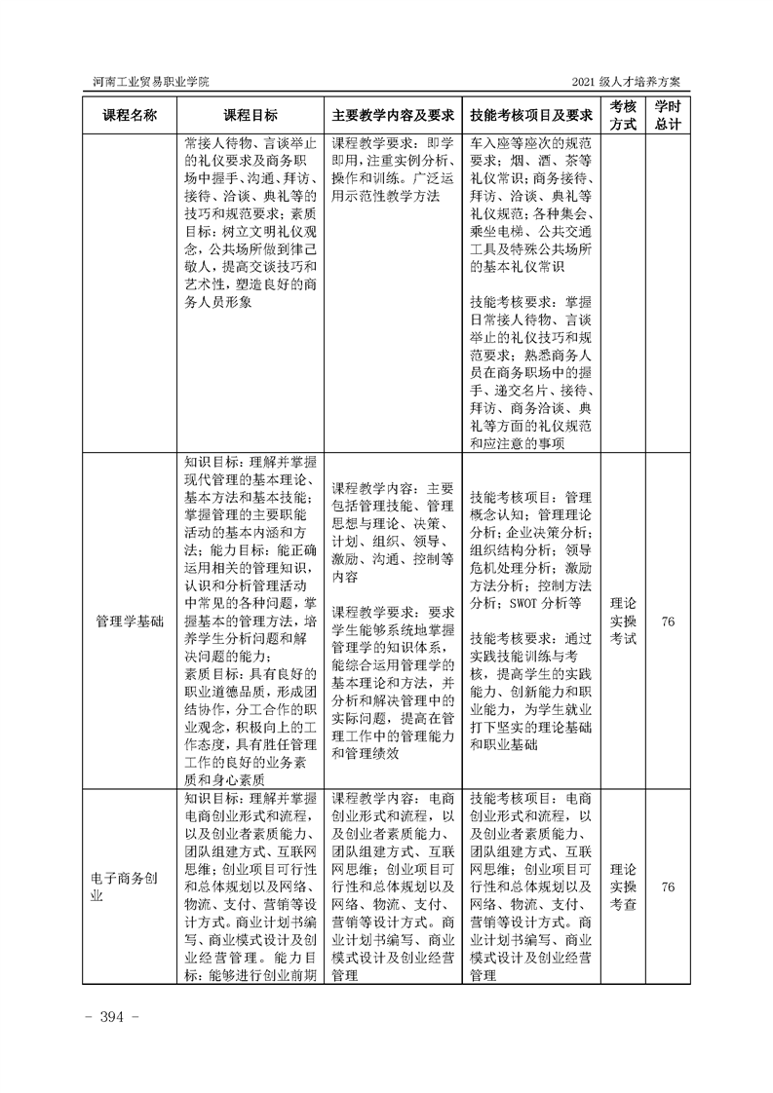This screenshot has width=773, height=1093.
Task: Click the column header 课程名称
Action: coord(130,114)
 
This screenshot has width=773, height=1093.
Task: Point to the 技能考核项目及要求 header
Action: coord(531,114)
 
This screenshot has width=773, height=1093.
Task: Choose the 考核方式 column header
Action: coord(624,114)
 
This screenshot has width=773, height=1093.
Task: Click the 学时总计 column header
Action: coord(668,114)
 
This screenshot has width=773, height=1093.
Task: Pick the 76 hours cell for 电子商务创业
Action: coord(668,886)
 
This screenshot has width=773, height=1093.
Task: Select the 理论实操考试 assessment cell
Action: coord(624,621)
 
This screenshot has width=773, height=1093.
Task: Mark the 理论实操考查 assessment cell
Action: coord(624,886)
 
